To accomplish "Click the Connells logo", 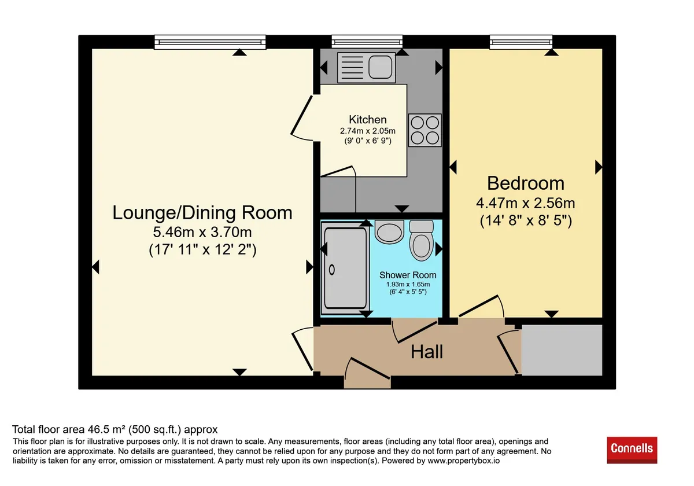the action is [632, 450].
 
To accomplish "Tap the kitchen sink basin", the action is [380, 67].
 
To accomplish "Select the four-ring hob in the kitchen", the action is [424, 130].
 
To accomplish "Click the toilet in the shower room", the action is [421, 240].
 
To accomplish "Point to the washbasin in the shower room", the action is [389, 231].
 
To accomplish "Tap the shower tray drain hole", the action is [331, 270].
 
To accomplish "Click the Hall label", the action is [427, 352].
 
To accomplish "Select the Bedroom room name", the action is [526, 183].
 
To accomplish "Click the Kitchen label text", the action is [367, 120].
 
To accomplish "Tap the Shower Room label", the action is [408, 275].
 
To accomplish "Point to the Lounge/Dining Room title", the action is [202, 213].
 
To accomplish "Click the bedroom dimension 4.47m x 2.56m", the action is [526, 203].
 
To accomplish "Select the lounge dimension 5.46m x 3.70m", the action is [202, 232].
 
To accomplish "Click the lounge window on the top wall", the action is [210, 42].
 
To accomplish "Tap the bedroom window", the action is [521, 42].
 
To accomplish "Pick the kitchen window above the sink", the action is [367, 42].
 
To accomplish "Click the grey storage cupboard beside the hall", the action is [562, 350].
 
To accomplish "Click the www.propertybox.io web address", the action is [463, 461].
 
